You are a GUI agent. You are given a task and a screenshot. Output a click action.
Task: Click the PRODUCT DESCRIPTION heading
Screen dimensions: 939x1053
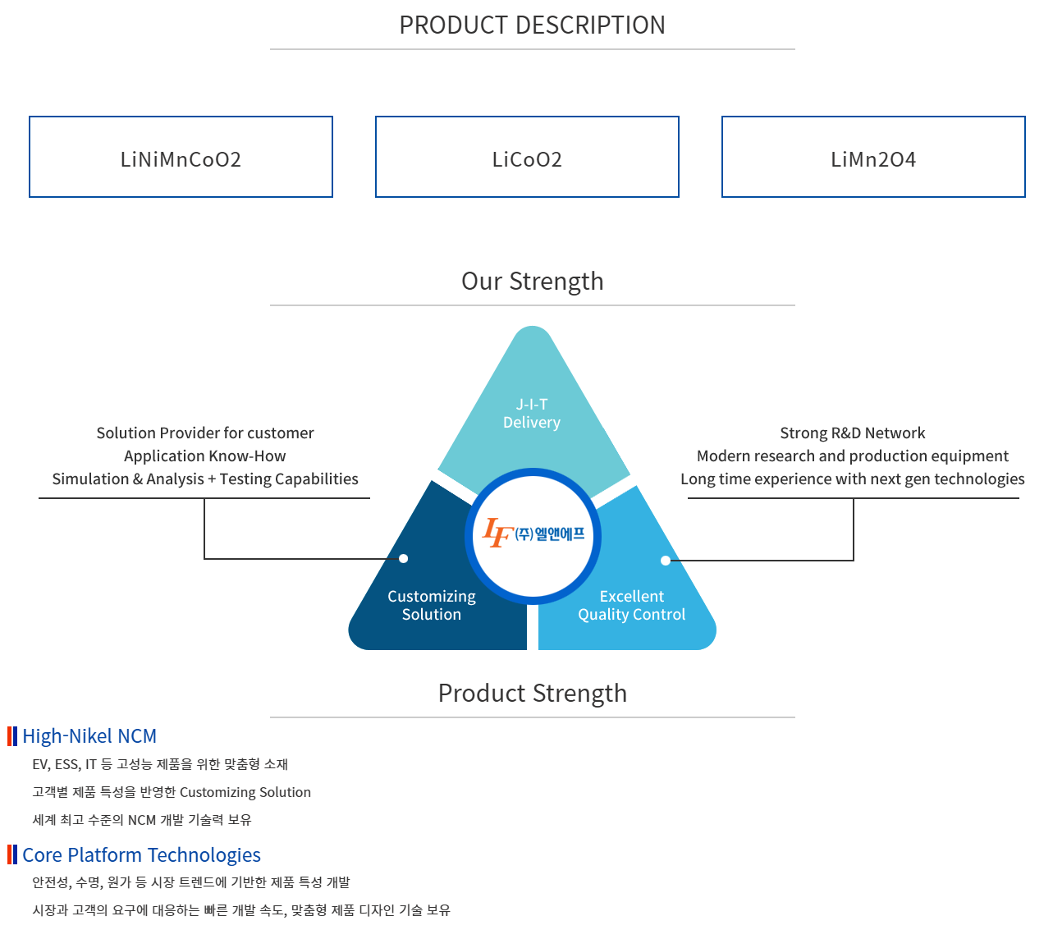(x=532, y=25)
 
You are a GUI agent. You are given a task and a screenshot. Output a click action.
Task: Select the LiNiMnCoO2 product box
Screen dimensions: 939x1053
(x=181, y=158)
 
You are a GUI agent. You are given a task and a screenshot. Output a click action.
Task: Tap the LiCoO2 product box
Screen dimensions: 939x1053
(x=527, y=158)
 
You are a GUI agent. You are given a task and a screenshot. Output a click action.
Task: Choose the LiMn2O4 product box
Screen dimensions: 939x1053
(x=873, y=158)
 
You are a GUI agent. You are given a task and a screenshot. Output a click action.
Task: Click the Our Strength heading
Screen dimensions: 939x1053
(x=532, y=282)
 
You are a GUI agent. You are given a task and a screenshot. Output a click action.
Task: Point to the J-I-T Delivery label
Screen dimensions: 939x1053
(x=532, y=414)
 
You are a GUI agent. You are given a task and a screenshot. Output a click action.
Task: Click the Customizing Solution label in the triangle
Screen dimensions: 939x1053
(x=432, y=606)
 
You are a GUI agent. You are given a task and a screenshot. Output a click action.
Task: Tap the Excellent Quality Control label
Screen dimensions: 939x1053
(x=631, y=606)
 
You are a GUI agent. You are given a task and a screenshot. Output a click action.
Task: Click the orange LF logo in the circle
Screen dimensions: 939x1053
(x=497, y=533)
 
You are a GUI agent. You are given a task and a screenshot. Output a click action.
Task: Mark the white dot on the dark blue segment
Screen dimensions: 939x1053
(x=403, y=559)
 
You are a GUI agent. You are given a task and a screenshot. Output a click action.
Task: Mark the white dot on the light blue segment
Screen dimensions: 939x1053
(x=666, y=561)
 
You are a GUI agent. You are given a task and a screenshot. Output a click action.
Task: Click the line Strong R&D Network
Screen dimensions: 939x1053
(x=852, y=433)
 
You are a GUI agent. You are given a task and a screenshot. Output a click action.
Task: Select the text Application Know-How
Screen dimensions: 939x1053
(x=205, y=456)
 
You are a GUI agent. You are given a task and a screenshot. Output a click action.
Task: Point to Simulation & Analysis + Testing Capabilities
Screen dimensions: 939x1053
(x=205, y=479)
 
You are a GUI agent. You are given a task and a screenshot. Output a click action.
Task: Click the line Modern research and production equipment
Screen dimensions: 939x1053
(x=852, y=456)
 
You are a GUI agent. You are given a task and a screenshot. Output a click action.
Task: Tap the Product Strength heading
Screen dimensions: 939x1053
(x=532, y=694)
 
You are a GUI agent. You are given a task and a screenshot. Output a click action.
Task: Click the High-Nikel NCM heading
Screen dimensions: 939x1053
(x=89, y=736)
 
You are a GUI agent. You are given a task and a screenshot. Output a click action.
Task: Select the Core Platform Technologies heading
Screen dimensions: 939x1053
(x=141, y=855)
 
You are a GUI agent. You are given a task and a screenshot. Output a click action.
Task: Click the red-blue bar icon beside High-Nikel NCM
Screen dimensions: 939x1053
(x=12, y=736)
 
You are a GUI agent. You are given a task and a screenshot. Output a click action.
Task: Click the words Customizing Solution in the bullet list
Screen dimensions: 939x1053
(x=245, y=792)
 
